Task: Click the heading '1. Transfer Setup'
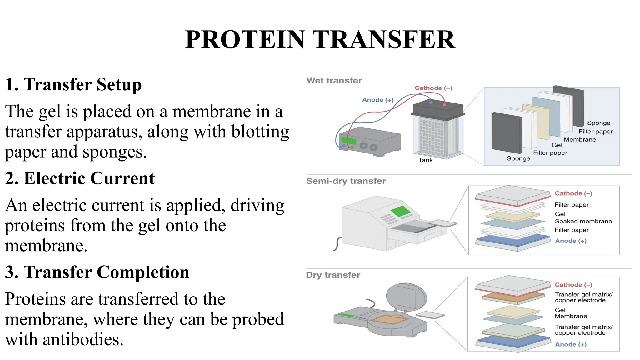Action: coord(73,84)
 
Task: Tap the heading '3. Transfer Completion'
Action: coord(97,272)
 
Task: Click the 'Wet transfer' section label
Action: coord(334,81)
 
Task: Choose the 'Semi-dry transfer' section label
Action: coord(346,181)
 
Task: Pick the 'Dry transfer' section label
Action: coord(333,275)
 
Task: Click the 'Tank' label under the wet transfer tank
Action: coord(425,160)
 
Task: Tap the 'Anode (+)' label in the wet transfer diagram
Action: coord(377,100)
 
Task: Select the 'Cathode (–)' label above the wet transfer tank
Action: coord(433,88)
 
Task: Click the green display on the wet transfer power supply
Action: coord(348,140)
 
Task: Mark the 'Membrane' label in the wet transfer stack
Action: coord(580,140)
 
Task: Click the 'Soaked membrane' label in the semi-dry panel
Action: coord(583,222)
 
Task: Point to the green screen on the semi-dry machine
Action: coord(400,211)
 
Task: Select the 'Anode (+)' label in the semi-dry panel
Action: coord(571,241)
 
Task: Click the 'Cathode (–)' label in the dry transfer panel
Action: coord(573,285)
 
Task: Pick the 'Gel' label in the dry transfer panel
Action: coord(560,310)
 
